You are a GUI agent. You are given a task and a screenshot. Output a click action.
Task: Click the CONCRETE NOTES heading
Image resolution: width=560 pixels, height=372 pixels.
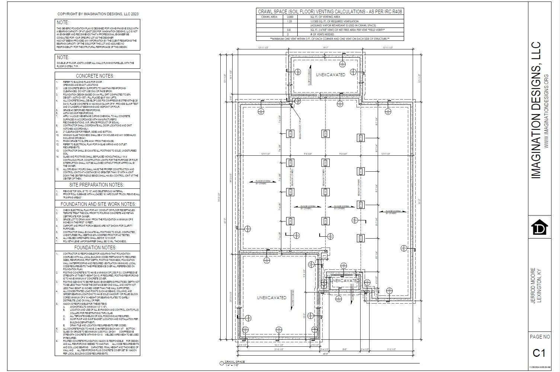coord(97,76)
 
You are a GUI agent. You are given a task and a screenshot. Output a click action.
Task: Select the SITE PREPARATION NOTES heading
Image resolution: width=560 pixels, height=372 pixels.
coord(97,185)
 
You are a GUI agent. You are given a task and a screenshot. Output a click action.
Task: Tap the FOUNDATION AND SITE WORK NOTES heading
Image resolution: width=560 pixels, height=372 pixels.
coord(97,204)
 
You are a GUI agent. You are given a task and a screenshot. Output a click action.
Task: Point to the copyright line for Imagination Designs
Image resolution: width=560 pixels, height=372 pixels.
coord(98,14)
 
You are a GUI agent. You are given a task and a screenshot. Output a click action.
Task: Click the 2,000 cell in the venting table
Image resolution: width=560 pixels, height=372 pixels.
coord(290,17)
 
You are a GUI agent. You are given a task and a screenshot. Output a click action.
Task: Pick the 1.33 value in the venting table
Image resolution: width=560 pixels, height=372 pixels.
coord(290,22)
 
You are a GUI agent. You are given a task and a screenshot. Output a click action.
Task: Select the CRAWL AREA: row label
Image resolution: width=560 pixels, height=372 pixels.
coord(269,17)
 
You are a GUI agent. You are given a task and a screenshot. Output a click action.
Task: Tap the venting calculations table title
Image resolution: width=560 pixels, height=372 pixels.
coord(330,12)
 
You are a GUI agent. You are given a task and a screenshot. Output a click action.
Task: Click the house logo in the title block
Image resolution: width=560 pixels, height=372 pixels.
coord(539,227)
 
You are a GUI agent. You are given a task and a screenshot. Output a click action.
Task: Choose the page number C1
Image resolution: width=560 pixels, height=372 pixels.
coord(539,353)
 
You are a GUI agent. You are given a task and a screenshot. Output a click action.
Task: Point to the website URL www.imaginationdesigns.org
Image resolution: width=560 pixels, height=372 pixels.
coord(546,111)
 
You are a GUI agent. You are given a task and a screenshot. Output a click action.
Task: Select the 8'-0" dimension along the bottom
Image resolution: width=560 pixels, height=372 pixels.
coord(345,349)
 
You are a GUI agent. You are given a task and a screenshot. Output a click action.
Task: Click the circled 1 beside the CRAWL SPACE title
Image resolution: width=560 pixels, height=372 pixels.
coord(222,363)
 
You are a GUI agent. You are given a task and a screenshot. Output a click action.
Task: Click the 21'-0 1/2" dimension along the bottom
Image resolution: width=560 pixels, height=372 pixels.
coord(279,349)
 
